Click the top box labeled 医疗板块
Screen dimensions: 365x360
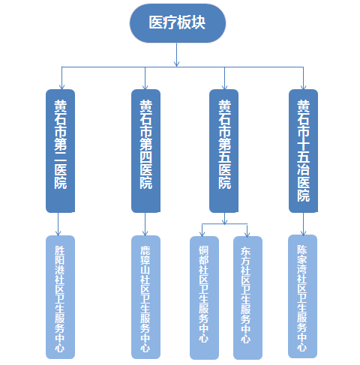click(x=177, y=24)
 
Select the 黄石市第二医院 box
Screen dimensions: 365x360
click(x=59, y=150)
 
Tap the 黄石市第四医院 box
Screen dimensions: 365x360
click(x=145, y=150)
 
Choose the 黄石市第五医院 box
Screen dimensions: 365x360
click(x=225, y=150)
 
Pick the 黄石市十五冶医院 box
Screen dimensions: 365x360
click(x=303, y=150)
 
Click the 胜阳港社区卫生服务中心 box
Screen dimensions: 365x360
click(x=59, y=297)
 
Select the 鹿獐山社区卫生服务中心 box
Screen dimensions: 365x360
click(x=145, y=297)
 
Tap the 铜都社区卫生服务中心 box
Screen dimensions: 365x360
click(x=203, y=297)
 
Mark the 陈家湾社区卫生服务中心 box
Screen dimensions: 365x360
click(x=303, y=295)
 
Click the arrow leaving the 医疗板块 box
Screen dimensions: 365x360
click(x=177, y=55)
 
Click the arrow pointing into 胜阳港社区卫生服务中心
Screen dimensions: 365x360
click(x=59, y=224)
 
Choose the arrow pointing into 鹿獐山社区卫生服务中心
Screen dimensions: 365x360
click(x=145, y=224)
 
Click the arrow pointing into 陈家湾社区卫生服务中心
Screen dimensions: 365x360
click(x=303, y=224)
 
